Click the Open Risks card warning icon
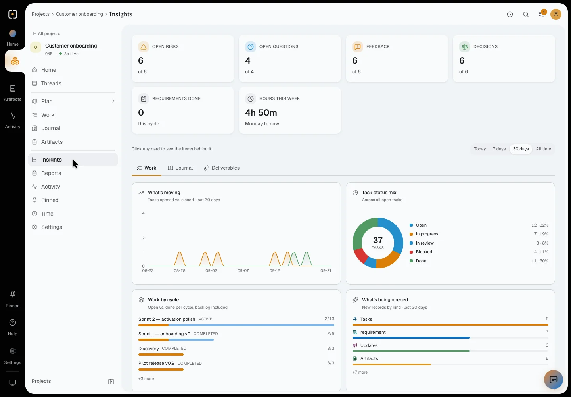click(x=143, y=47)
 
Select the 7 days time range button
click(x=499, y=149)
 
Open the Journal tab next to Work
click(x=180, y=168)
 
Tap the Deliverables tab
click(x=222, y=168)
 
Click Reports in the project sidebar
click(x=51, y=173)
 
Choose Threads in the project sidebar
click(x=51, y=83)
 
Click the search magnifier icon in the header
click(x=526, y=14)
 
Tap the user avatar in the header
click(x=556, y=14)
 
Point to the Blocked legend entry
click(x=423, y=252)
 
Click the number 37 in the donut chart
click(x=378, y=240)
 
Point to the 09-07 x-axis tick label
click(x=243, y=270)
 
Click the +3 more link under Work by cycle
click(x=146, y=378)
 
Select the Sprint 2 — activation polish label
click(x=167, y=319)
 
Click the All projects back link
click(x=46, y=33)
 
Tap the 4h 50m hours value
click(x=261, y=112)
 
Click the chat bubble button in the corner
click(x=554, y=380)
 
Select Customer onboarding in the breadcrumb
click(x=79, y=14)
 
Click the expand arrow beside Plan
click(x=113, y=101)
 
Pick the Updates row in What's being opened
click(x=450, y=348)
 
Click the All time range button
click(x=543, y=149)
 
